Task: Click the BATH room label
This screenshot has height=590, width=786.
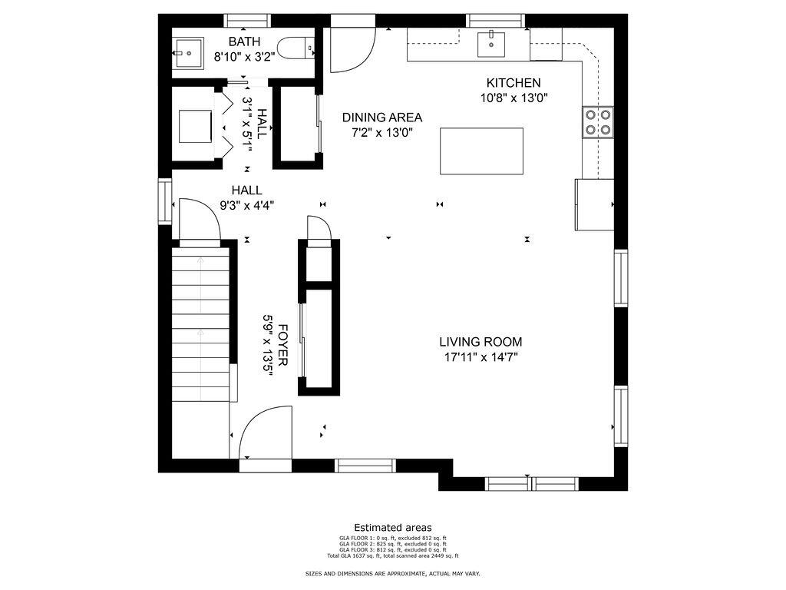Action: (244, 41)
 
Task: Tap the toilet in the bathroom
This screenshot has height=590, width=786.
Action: (298, 48)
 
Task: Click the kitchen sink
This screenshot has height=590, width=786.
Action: (491, 44)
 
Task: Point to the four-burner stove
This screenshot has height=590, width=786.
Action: (599, 121)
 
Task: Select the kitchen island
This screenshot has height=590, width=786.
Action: (481, 151)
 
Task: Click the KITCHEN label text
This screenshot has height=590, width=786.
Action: (514, 83)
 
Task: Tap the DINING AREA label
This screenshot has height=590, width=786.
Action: (382, 118)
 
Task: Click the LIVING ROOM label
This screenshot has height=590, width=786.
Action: (481, 342)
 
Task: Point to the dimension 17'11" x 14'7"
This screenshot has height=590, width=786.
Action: (481, 357)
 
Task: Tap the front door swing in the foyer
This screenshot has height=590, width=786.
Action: (263, 435)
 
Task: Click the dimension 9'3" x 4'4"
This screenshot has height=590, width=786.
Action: (246, 205)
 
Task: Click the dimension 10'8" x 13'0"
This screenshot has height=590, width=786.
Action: (514, 98)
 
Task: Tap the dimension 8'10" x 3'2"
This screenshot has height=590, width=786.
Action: (243, 56)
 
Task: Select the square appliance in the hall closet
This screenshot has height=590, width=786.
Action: (195, 126)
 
